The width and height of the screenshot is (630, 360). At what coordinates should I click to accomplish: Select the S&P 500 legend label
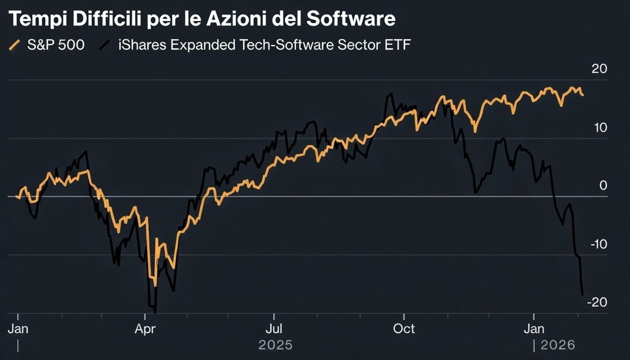click(x=55, y=45)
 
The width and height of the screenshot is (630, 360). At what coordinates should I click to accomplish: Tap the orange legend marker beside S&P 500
click(x=15, y=45)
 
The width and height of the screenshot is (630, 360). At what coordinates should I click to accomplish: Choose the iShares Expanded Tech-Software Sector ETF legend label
click(x=263, y=45)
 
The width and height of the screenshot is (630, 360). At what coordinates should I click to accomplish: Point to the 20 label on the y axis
click(x=599, y=69)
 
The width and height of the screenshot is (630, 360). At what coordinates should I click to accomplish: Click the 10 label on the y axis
click(x=600, y=127)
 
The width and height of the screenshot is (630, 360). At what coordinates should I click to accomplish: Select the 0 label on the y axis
click(x=603, y=186)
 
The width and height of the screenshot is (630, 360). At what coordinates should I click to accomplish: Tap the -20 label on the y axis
click(x=596, y=302)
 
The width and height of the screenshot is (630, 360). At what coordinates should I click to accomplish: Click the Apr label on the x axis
click(x=145, y=329)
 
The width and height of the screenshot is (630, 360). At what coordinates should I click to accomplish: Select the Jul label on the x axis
click(x=274, y=329)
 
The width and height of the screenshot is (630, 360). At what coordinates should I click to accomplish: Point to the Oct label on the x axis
click(x=404, y=329)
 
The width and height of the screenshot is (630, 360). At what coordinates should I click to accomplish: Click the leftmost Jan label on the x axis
click(x=18, y=329)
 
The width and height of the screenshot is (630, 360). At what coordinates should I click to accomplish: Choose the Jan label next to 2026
click(x=533, y=329)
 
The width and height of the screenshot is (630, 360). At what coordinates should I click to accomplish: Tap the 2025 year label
click(x=275, y=345)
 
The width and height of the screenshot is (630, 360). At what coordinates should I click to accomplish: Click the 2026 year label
click(x=557, y=345)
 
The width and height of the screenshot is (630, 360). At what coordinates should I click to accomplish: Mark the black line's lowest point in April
click(x=155, y=311)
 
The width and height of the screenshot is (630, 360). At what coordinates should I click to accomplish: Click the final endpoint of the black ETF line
click(x=583, y=295)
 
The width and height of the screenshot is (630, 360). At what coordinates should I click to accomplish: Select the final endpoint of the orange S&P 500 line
click(x=583, y=95)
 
